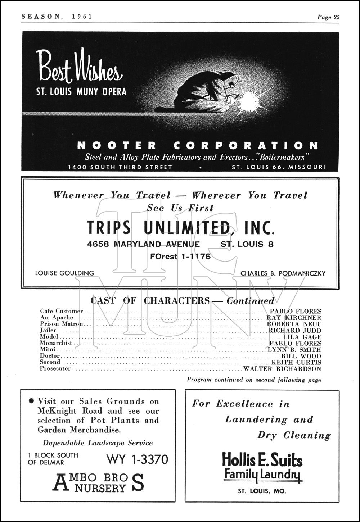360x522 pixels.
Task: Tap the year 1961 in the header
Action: click(82, 17)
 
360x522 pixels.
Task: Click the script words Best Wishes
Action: click(80, 67)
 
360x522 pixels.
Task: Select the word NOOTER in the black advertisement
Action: click(117, 146)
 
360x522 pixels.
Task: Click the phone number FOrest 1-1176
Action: click(180, 257)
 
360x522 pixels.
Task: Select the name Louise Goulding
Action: click(64, 273)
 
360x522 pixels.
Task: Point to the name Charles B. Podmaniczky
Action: click(283, 273)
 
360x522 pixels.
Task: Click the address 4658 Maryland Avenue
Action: click(143, 244)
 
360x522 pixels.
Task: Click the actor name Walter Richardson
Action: click(282, 369)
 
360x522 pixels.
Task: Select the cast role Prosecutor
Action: click(55, 368)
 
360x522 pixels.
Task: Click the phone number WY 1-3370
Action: click(137, 459)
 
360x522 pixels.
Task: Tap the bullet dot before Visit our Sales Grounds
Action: click(31, 401)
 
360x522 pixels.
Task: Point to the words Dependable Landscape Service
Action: click(98, 443)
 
